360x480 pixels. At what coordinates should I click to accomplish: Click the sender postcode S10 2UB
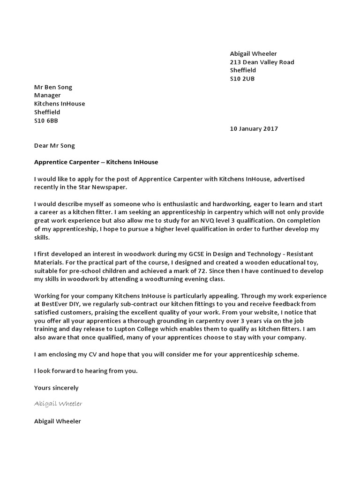pyautogui.click(x=242, y=79)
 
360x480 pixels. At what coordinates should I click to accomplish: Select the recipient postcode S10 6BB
pyautogui.click(x=46, y=120)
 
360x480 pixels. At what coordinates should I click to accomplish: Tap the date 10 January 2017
pyautogui.click(x=254, y=129)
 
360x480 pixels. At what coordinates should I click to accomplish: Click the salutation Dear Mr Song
pyautogui.click(x=54, y=145)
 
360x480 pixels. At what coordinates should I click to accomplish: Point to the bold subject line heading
pyautogui.click(x=96, y=162)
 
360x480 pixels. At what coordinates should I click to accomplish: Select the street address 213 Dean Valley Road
pyautogui.click(x=262, y=62)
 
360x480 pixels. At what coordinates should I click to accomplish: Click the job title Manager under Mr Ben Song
pyautogui.click(x=47, y=95)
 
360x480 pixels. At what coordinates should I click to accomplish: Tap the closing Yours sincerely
pyautogui.click(x=56, y=388)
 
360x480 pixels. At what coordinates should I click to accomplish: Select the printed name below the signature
pyautogui.click(x=57, y=421)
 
